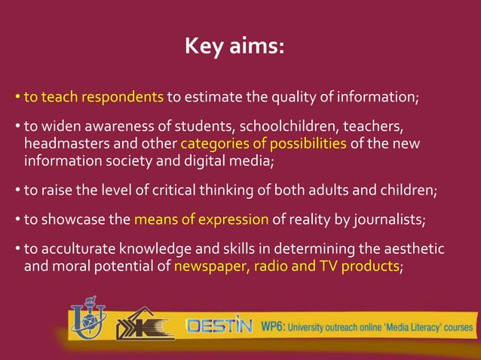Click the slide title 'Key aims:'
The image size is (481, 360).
234,48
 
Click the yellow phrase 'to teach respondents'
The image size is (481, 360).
93,97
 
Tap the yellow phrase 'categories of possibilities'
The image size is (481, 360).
264,143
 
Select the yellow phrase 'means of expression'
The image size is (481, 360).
201,220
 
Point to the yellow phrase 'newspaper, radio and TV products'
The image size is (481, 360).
286,266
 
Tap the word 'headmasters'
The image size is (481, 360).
60,143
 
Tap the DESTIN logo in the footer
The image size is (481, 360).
219,326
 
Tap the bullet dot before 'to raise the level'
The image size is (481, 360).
17,191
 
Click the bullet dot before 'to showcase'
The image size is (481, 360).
17,221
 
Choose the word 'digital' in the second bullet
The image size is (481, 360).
198,160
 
